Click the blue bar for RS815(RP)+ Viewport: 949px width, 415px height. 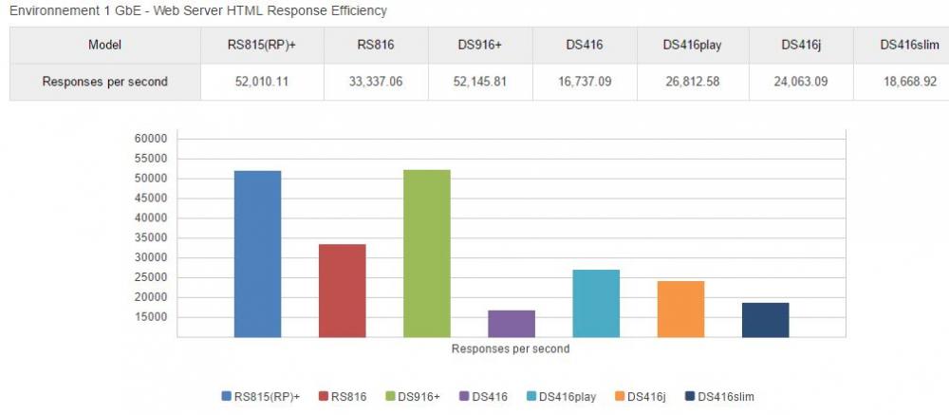[x=257, y=254]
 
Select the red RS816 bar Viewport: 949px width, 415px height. [x=342, y=291]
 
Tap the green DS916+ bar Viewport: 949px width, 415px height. [x=426, y=254]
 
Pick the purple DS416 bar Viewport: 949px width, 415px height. [x=512, y=323]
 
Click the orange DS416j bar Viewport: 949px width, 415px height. [x=680, y=309]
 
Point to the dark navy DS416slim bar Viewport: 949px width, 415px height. [x=765, y=319]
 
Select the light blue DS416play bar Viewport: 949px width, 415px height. [x=596, y=303]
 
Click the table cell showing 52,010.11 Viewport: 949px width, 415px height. [x=262, y=82]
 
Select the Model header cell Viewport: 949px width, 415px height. [x=104, y=45]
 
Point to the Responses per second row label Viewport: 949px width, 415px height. [x=104, y=82]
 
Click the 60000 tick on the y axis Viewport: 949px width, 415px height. [x=152, y=139]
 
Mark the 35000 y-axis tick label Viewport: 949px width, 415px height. [x=152, y=237]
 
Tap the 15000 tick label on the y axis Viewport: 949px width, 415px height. [x=152, y=317]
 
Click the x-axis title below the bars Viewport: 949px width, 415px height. [x=511, y=349]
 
